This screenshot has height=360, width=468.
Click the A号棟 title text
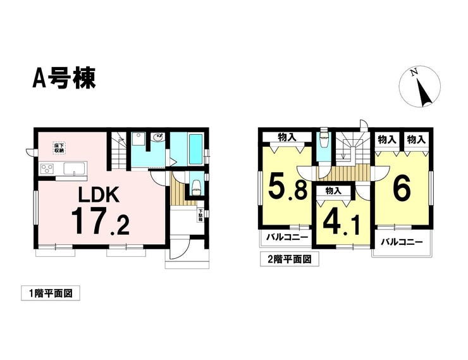(65, 78)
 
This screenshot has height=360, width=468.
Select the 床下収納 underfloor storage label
(59, 149)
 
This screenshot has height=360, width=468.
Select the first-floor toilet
(196, 185)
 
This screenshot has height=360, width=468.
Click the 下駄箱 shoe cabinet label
(200, 214)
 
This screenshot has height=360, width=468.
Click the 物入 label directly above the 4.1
(334, 190)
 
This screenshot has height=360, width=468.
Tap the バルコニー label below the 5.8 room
(286, 239)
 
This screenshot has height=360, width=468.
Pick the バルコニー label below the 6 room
(402, 241)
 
